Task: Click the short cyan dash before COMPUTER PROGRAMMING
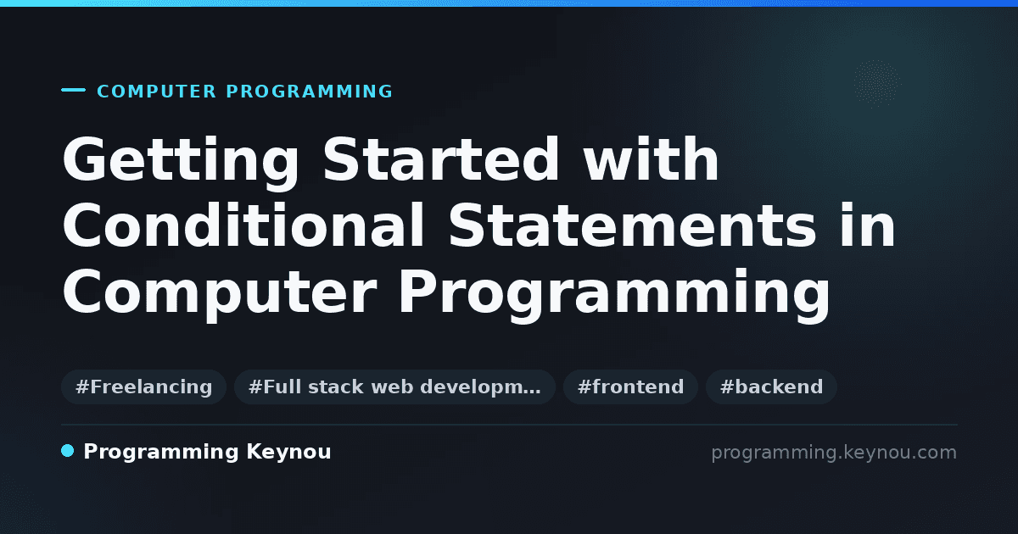click(x=73, y=90)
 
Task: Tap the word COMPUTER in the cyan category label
click(x=156, y=92)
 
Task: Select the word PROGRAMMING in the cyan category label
click(x=309, y=92)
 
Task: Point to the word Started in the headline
click(x=441, y=159)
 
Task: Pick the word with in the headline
click(x=651, y=159)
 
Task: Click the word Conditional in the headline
click(x=243, y=225)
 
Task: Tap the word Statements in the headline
click(x=632, y=225)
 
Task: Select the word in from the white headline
click(x=868, y=225)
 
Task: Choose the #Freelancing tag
click(x=143, y=387)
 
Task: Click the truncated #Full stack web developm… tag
click(x=394, y=387)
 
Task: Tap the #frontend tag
click(x=630, y=387)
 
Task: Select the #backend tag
click(x=771, y=387)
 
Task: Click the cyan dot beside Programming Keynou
click(x=68, y=451)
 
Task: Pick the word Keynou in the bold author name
click(x=288, y=452)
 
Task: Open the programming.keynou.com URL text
click(x=834, y=453)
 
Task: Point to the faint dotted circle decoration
click(x=876, y=83)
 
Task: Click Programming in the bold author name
click(x=161, y=453)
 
